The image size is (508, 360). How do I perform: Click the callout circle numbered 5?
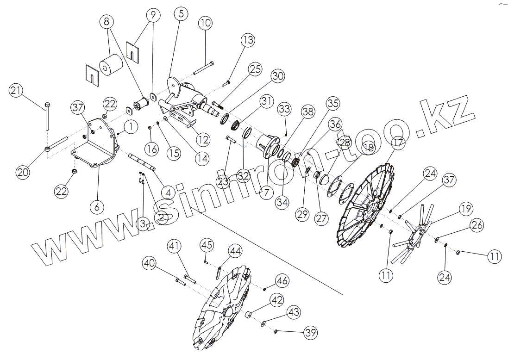point(180,14)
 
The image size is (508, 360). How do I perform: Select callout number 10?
point(206,23)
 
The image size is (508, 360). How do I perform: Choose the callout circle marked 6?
point(97,207)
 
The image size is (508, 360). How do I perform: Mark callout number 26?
point(477,225)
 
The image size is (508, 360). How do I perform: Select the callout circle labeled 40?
point(149,264)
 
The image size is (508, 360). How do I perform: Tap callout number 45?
point(207,244)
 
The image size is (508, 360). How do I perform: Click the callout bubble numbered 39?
point(310,332)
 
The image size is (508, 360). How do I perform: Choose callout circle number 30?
point(277,77)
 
